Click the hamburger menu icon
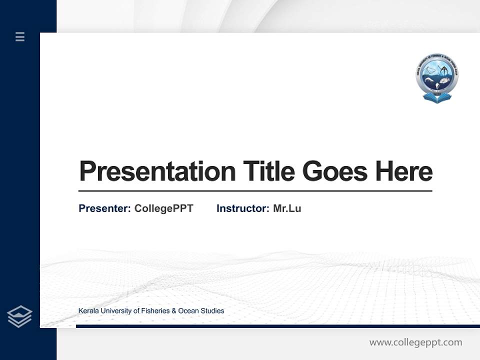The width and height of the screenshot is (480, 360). [20, 36]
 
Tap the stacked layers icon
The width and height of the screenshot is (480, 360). [19, 316]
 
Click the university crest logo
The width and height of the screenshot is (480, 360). [437, 76]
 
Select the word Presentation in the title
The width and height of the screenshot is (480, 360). [157, 171]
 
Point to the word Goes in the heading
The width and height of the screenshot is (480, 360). [335, 171]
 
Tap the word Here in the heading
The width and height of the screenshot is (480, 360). [403, 171]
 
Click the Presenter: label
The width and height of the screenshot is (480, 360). [104, 208]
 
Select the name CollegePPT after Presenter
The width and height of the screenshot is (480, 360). [163, 208]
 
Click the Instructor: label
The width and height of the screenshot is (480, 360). [242, 208]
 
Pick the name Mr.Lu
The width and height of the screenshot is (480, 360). [287, 208]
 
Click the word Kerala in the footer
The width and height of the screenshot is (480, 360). [88, 311]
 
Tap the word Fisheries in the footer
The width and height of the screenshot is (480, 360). [155, 311]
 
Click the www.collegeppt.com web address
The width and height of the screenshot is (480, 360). [415, 342]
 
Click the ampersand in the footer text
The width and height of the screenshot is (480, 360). [174, 311]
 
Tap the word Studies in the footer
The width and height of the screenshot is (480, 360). [212, 311]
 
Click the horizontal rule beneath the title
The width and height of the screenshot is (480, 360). [255, 191]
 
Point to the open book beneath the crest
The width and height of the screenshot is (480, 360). [437, 98]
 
